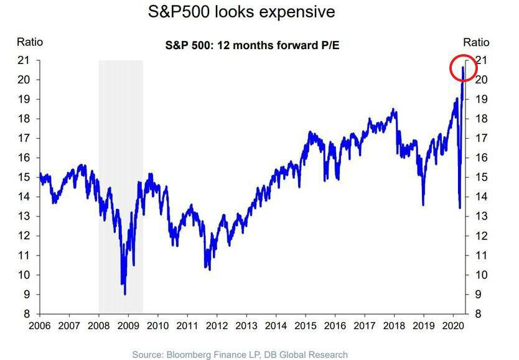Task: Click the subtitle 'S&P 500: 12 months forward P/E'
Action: (x=253, y=46)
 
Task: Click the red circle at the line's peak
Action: (x=463, y=68)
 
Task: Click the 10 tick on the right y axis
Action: (x=480, y=275)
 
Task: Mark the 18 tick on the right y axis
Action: (x=480, y=119)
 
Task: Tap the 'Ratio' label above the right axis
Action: (x=476, y=42)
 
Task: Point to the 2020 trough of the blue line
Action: (x=459, y=208)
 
